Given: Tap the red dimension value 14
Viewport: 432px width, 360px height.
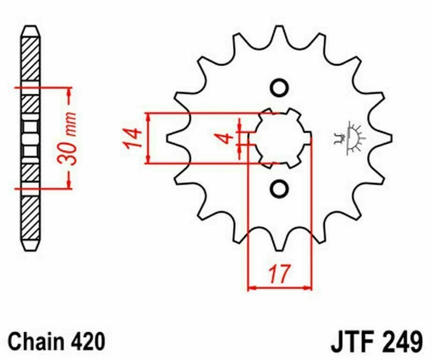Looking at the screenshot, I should click(133, 138).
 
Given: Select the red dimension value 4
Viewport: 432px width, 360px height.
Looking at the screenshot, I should click(226, 138).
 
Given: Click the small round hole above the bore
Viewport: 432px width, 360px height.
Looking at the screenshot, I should click(279, 88).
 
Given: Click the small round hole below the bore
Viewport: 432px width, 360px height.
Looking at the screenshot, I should click(279, 188).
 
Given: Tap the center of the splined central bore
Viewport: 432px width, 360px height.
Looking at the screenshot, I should click(280, 138).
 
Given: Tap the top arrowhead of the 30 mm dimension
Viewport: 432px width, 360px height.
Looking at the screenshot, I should click(70, 91).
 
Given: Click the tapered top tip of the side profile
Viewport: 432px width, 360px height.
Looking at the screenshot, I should click(30, 30).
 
